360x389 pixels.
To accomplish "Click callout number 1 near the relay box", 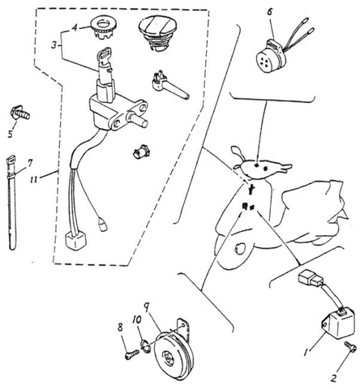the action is (x=306, y=352).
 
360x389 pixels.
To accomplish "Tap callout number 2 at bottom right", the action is (x=334, y=378).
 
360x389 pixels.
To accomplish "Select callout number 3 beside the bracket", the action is (x=54, y=45).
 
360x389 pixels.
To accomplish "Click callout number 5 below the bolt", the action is (x=11, y=133).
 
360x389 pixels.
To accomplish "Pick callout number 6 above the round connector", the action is (x=270, y=12).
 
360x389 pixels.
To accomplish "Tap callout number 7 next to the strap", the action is (x=30, y=163).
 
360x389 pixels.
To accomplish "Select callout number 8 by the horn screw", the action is (x=120, y=327).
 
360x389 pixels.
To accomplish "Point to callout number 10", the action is (x=137, y=320).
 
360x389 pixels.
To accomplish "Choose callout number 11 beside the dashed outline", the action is (x=34, y=180).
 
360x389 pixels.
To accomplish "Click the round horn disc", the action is (x=173, y=354).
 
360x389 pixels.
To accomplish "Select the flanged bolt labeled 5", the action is (x=20, y=113).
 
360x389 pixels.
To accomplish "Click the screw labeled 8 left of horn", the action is (x=131, y=354).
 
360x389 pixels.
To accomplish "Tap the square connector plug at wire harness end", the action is (x=75, y=242).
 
